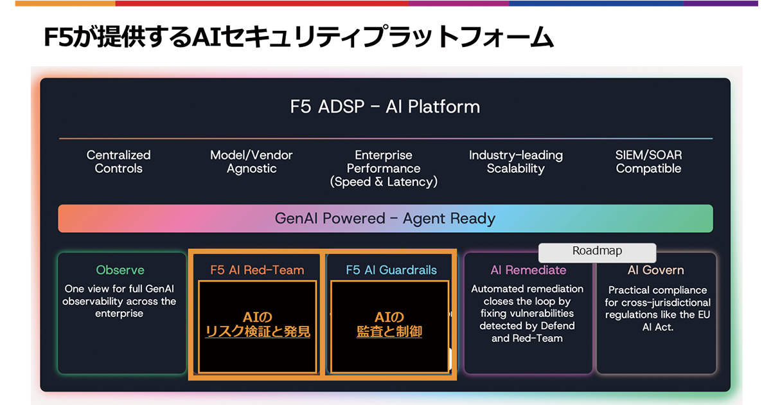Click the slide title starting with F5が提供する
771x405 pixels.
click(298, 38)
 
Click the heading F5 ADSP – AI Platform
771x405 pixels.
click(385, 106)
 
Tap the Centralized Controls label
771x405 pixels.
click(119, 162)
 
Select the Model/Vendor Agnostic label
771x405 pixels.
click(251, 162)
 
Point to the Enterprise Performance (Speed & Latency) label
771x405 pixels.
click(384, 168)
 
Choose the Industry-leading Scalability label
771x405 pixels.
click(515, 162)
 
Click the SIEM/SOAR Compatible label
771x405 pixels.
click(648, 162)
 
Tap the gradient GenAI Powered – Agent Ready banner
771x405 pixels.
click(385, 219)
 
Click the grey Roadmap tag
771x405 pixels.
click(597, 251)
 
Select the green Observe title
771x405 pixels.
click(120, 270)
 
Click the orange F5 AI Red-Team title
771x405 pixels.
click(257, 270)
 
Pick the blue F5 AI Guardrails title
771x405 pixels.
click(391, 270)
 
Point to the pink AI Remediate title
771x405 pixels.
click(528, 270)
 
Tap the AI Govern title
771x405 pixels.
click(655, 270)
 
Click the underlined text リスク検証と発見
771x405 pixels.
click(258, 332)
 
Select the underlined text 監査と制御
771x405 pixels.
click(389, 332)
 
